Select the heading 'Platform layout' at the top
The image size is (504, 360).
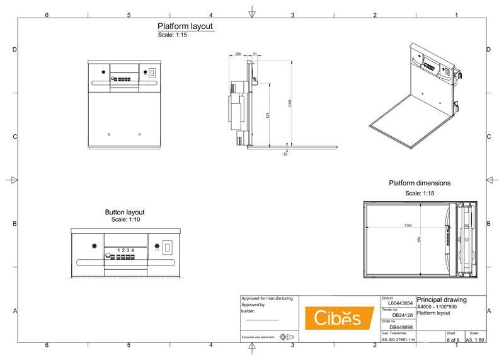[185, 26]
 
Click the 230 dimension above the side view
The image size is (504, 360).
[238, 55]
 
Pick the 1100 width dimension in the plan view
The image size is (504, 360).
[408, 225]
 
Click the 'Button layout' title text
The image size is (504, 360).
[124, 212]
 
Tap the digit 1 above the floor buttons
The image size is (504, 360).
[118, 250]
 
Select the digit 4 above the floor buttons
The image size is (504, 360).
[132, 250]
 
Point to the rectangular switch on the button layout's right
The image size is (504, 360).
[167, 248]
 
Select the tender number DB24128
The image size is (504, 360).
[402, 315]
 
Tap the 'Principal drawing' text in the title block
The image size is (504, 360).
[442, 300]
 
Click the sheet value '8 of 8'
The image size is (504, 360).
[453, 340]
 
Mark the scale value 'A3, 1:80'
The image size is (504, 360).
[474, 340]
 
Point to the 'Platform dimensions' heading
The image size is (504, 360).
[419, 183]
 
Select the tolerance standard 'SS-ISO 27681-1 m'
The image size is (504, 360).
[398, 339]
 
